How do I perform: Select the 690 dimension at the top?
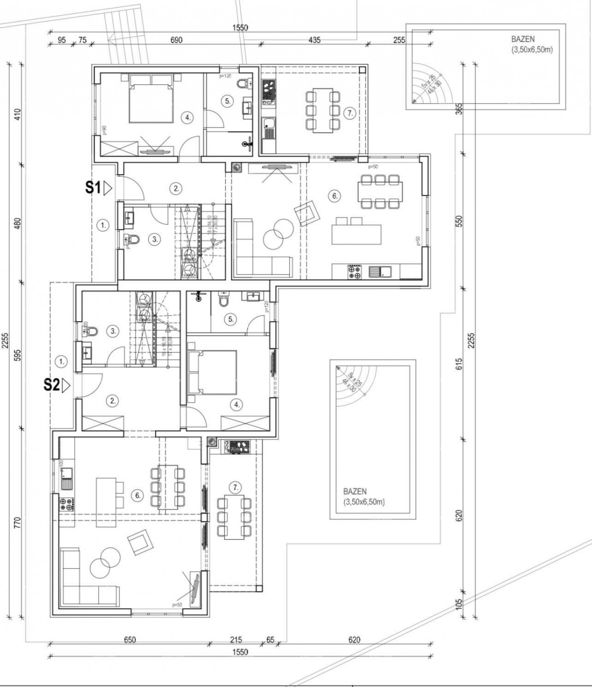click(x=176, y=40)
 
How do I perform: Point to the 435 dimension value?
click(x=314, y=40)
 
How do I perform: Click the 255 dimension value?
click(x=399, y=40)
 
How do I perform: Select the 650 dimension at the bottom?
click(x=129, y=640)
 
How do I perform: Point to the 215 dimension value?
click(x=236, y=640)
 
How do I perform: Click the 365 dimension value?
click(x=459, y=109)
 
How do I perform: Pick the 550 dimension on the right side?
click(x=459, y=220)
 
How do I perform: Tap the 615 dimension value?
click(x=459, y=364)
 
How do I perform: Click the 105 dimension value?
click(x=459, y=604)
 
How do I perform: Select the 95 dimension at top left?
click(x=61, y=40)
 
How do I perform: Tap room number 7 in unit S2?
click(x=236, y=488)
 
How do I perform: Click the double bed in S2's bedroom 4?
click(x=213, y=372)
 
